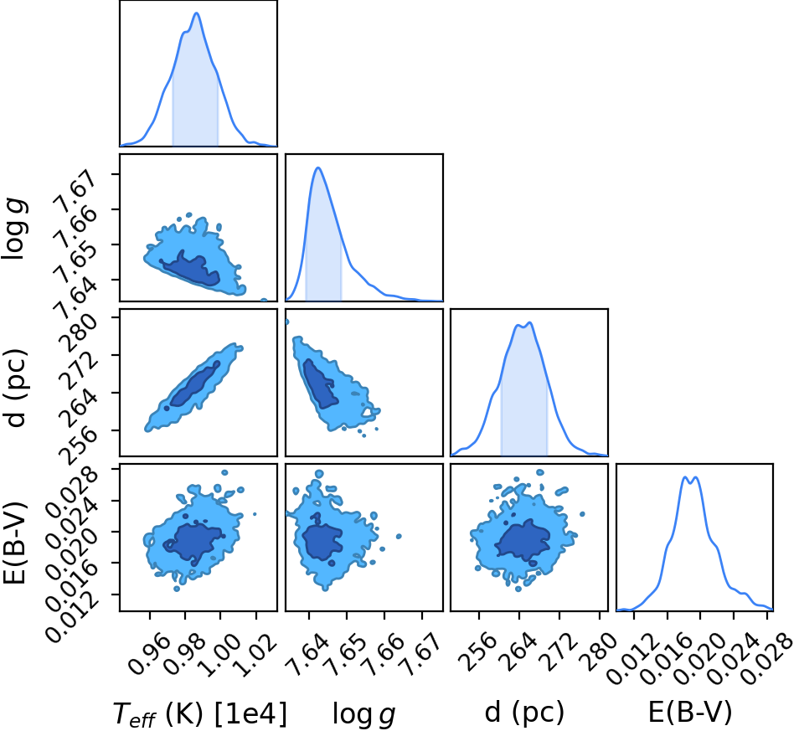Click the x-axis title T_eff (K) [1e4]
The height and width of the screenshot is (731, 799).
pos(200,713)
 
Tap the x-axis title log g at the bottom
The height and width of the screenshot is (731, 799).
pos(363,713)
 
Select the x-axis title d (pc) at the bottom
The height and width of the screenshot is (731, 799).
pos(524,712)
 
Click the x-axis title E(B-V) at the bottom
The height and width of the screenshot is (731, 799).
pos(690,712)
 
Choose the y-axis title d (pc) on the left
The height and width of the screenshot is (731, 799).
pos(14,389)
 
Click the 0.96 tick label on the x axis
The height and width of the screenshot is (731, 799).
pos(148,652)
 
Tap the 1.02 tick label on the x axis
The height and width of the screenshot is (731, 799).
pos(255,652)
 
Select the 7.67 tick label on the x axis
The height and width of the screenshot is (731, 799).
pos(420,652)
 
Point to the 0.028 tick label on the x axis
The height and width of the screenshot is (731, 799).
pos(762,657)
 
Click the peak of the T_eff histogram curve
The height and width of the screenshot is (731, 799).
pos(197,13)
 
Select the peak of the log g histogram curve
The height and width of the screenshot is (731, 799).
pos(318,167)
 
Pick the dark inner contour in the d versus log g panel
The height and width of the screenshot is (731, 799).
pos(318,383)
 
